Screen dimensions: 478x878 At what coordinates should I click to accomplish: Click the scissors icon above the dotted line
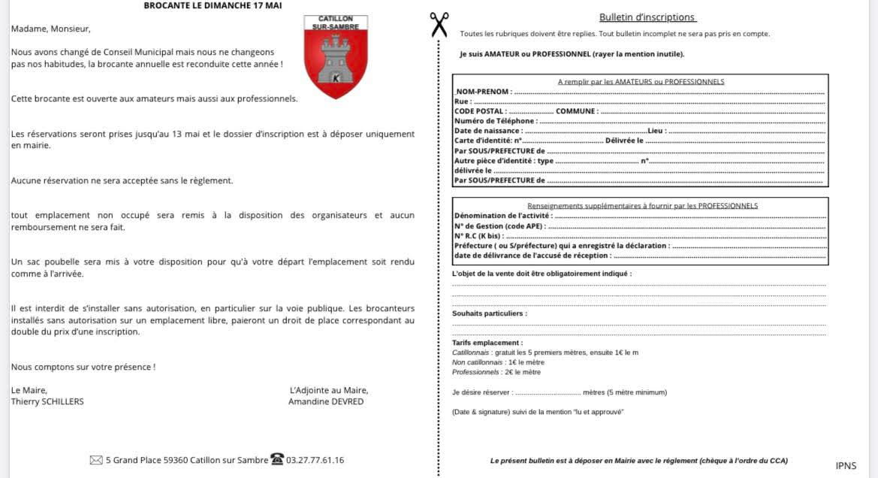(x=439, y=24)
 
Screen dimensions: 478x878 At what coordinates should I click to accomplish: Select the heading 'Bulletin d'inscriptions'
(x=647, y=17)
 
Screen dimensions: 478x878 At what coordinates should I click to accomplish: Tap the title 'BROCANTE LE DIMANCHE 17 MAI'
(x=213, y=5)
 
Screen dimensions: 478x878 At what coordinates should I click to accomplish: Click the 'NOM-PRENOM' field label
(x=484, y=92)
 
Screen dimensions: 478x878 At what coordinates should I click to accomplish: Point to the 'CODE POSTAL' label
(x=479, y=111)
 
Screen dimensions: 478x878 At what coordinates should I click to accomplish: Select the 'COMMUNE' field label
(x=576, y=111)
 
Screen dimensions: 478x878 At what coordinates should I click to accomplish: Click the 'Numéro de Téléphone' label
(x=495, y=121)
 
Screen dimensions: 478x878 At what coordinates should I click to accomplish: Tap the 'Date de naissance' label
(x=488, y=131)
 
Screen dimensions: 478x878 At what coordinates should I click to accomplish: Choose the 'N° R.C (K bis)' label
(x=478, y=236)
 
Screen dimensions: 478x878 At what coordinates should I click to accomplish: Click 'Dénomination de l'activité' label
(x=502, y=216)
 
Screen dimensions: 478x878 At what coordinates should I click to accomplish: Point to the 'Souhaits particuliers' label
(x=489, y=313)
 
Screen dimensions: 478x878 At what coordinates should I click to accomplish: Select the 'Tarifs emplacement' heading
(x=487, y=343)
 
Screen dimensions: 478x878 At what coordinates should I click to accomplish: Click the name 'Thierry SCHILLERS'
(x=47, y=402)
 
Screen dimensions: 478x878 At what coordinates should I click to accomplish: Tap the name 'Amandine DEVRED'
(x=326, y=402)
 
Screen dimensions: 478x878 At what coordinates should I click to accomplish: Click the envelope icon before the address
(x=95, y=460)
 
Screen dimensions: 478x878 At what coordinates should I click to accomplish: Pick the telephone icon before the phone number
(x=277, y=459)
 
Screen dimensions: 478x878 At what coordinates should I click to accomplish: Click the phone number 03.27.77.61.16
(x=315, y=460)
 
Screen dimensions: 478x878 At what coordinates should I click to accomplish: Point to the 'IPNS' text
(x=846, y=466)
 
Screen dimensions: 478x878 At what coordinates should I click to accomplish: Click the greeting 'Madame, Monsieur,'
(x=50, y=29)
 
